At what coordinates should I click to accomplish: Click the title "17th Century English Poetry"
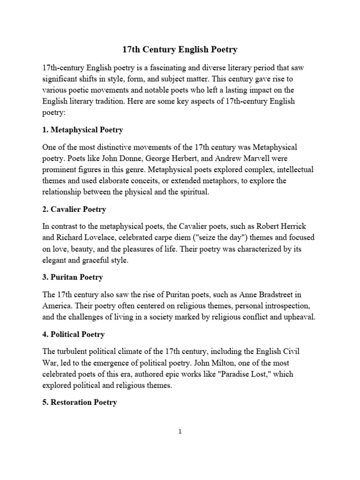click(x=180, y=49)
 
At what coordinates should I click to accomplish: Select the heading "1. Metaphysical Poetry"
click(x=82, y=129)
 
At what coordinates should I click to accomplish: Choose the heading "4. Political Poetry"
click(x=73, y=334)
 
